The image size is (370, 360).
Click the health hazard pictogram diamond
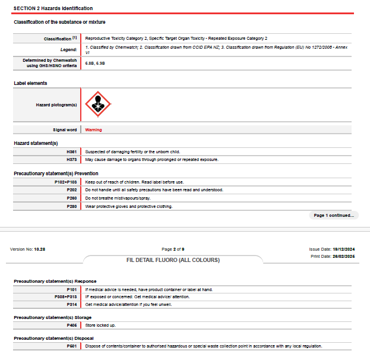98,105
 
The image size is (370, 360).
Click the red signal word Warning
93,130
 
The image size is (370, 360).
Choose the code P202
72,190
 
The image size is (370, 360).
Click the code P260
72,198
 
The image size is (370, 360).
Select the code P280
72,206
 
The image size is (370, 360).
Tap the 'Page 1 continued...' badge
334,215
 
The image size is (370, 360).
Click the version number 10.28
40,250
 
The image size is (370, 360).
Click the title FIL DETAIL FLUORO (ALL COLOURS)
173,260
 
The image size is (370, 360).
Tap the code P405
72,325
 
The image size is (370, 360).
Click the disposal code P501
72,346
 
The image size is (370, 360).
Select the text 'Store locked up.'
100,325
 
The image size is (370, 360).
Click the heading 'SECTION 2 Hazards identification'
53,8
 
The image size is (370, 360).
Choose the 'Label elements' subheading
30,83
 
